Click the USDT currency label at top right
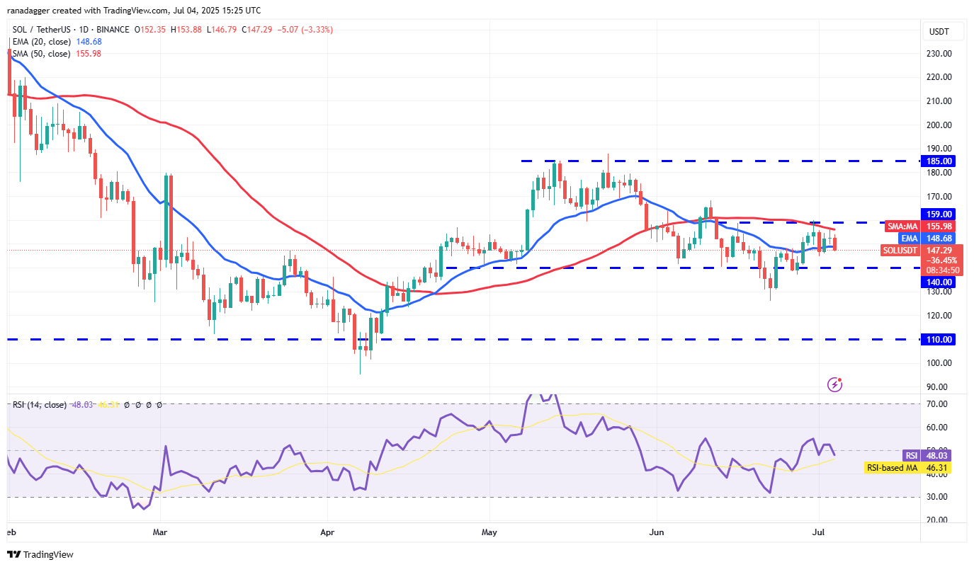coord(939,32)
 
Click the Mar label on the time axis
coord(160,531)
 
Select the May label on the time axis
coord(489,531)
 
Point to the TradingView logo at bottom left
coord(40,555)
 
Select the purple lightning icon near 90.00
coord(835,384)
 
